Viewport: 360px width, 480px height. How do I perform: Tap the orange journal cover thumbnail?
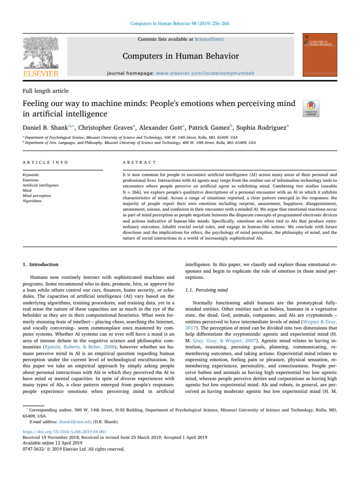[x=322, y=55]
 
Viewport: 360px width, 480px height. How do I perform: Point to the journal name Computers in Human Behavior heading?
[x=181, y=57]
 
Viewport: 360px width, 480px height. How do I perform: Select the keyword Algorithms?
[x=31, y=200]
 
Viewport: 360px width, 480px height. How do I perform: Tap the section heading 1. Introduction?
[x=41, y=264]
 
